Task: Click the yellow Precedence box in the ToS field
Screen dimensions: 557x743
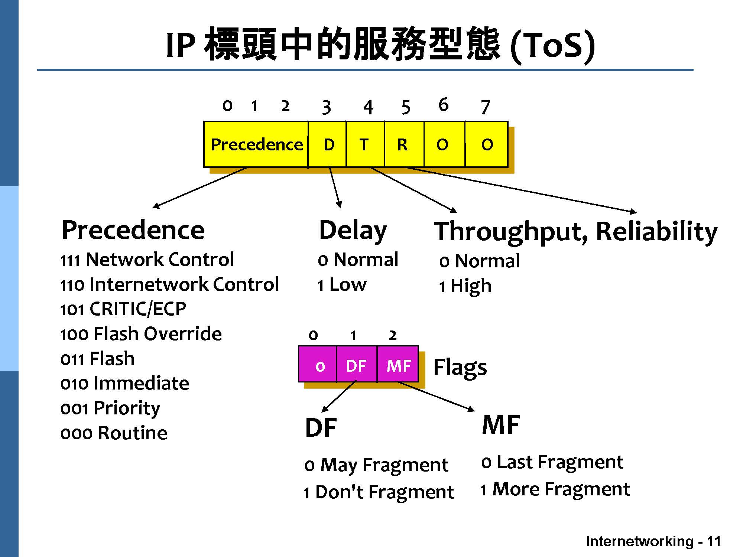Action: click(256, 144)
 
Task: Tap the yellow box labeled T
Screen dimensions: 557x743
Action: click(365, 144)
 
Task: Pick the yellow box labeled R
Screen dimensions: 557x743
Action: click(403, 144)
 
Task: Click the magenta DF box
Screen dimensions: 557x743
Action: click(356, 365)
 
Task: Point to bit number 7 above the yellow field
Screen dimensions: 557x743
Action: click(485, 108)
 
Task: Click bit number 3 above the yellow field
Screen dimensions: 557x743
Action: click(326, 108)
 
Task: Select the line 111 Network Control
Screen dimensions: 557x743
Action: click(147, 259)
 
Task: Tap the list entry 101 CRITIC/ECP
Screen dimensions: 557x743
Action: click(123, 309)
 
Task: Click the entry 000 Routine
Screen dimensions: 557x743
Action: click(114, 433)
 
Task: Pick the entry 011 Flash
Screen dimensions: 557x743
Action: click(97, 359)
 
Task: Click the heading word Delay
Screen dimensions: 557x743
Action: click(353, 230)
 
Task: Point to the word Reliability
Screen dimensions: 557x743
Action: click(657, 232)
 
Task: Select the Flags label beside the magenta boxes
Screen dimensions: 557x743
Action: click(460, 368)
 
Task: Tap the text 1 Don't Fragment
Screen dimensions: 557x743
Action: click(379, 492)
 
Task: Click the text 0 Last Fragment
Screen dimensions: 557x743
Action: click(552, 462)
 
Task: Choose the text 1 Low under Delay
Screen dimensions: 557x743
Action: click(342, 285)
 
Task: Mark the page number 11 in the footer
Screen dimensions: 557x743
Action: click(714, 541)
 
